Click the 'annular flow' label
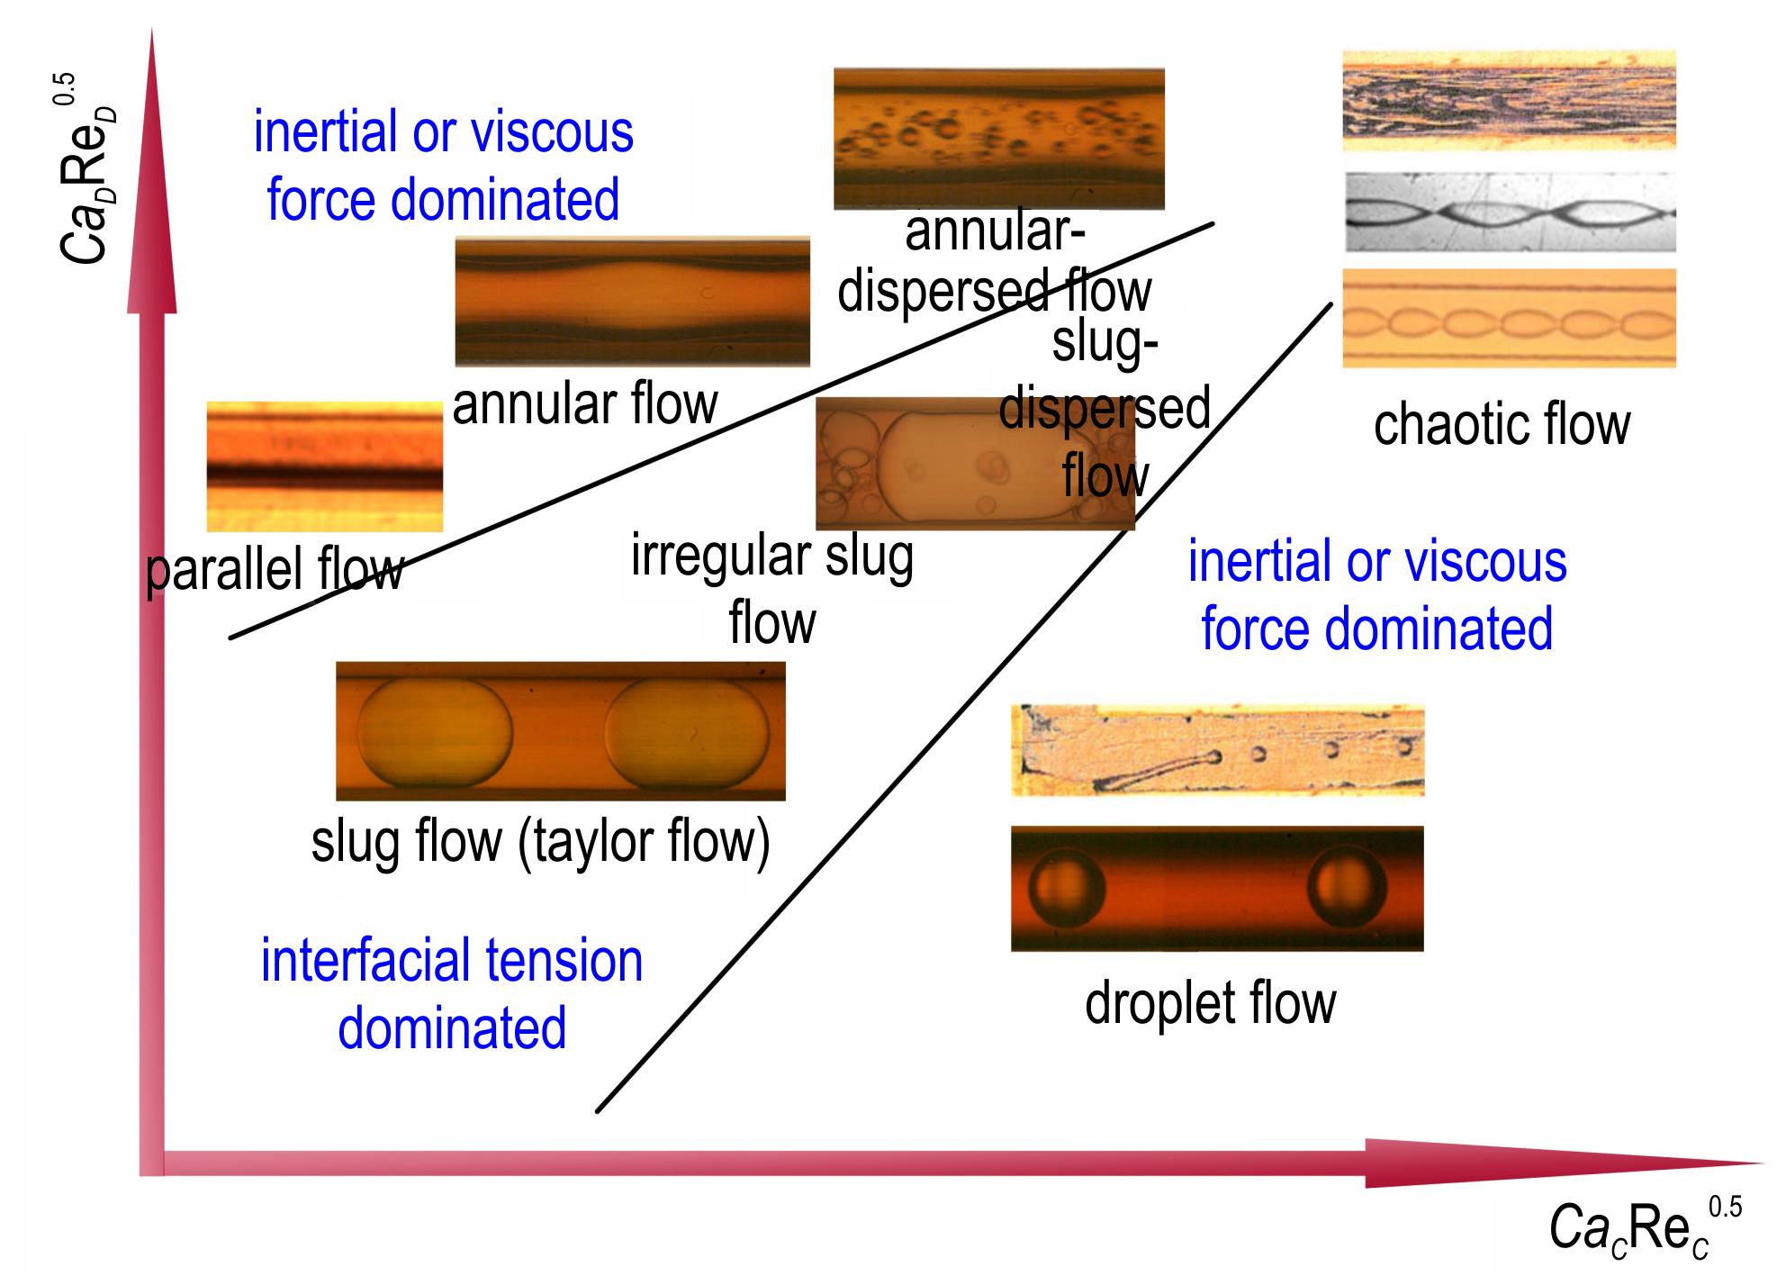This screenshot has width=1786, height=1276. pyautogui.click(x=585, y=404)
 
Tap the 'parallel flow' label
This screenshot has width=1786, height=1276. pyautogui.click(x=275, y=570)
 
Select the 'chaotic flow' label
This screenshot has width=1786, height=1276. pyautogui.click(x=1502, y=425)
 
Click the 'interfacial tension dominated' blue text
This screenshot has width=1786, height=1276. pyautogui.click(x=452, y=994)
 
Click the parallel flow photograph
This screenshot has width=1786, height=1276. pyautogui.click(x=325, y=466)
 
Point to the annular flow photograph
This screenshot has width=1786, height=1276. pyautogui.click(x=632, y=302)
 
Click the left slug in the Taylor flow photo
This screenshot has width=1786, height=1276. pyautogui.click(x=435, y=731)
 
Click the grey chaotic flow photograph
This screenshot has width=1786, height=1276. pyautogui.click(x=1511, y=213)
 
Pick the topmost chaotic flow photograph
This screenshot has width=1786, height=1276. pyautogui.click(x=1509, y=100)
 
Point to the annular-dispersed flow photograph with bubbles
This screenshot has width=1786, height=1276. pyautogui.click(x=999, y=139)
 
